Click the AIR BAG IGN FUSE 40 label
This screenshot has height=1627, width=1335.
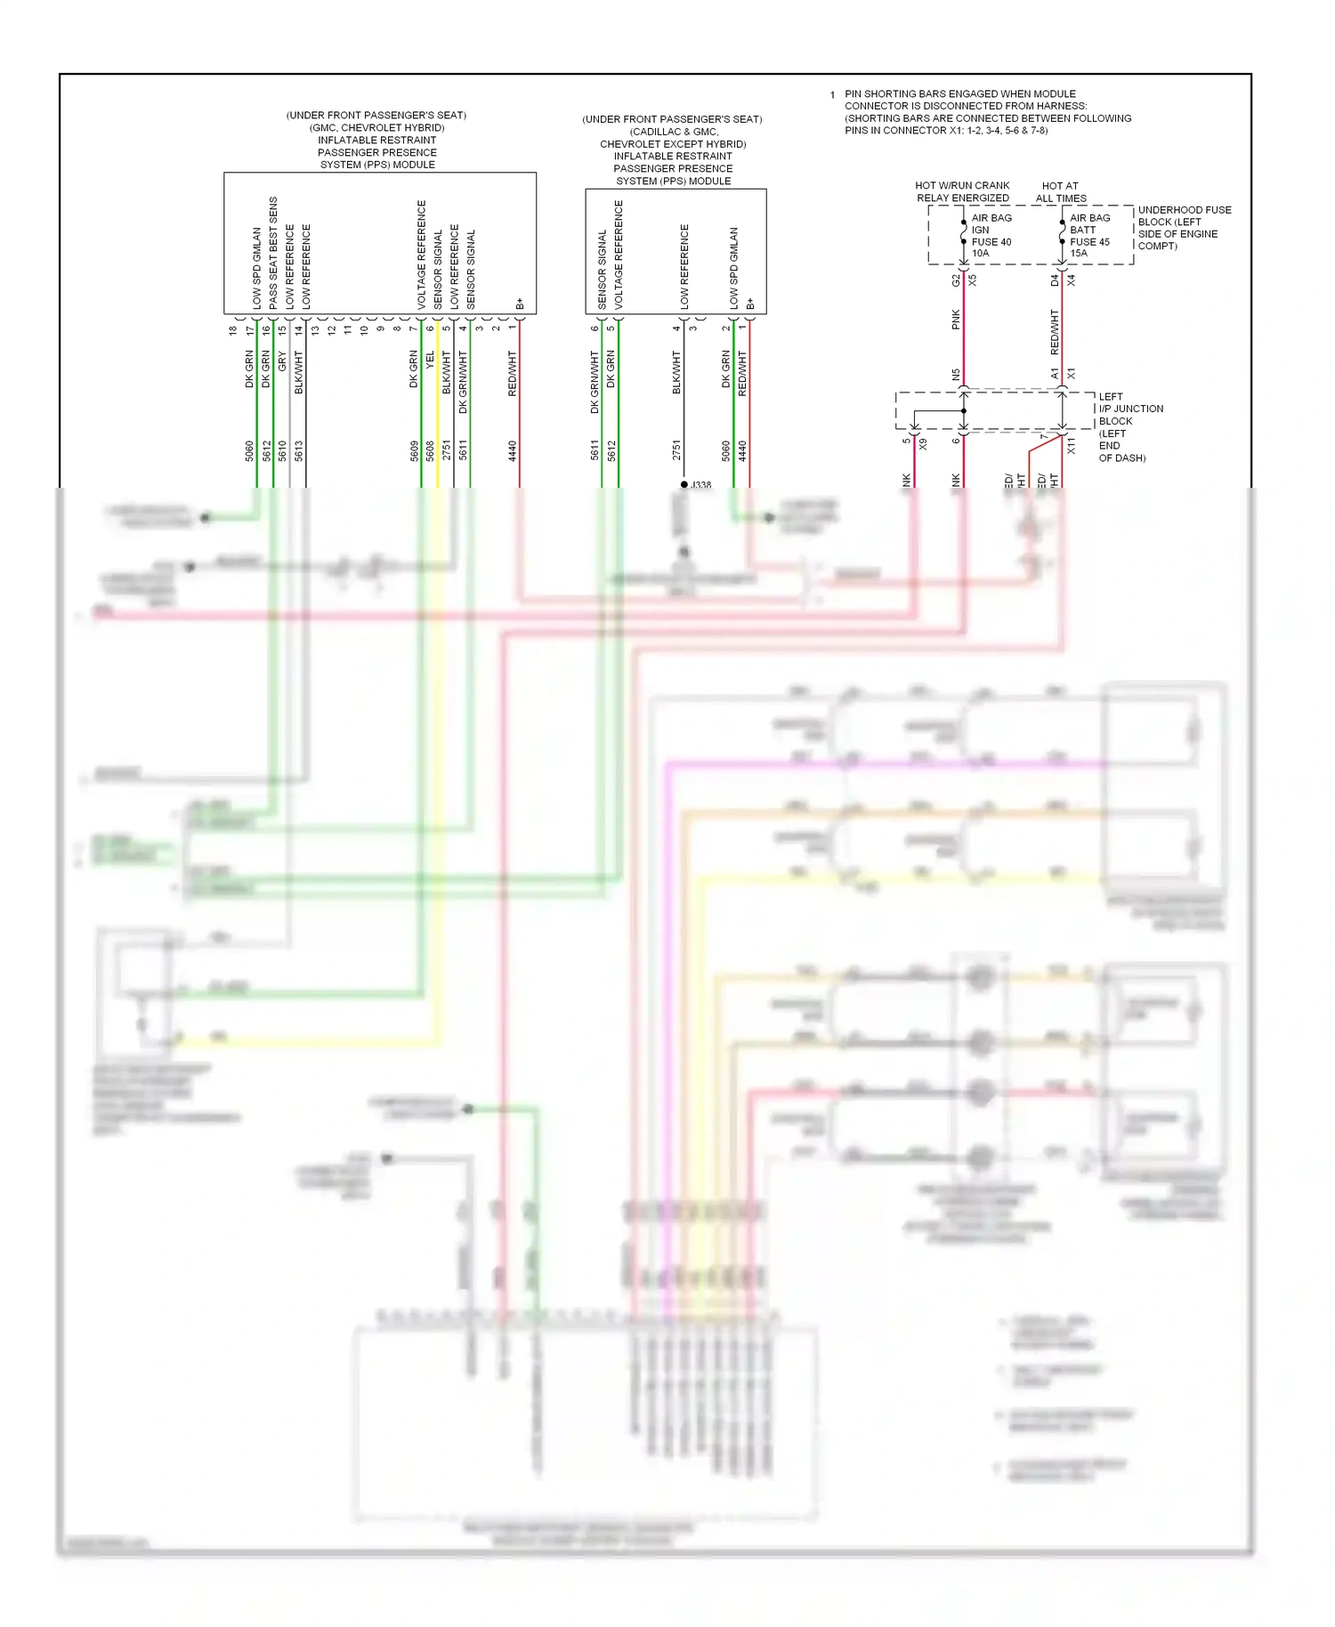coord(991,235)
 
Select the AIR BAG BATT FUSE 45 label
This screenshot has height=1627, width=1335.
coord(1089,235)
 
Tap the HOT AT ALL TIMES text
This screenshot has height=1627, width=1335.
coord(1060,192)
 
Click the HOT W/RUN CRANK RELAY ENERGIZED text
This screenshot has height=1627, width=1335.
coord(962,192)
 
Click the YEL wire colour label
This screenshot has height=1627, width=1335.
coord(430,360)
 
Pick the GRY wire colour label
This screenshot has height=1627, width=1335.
coord(282,360)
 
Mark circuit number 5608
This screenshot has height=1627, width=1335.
coord(430,451)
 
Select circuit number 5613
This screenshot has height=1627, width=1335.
coord(299,451)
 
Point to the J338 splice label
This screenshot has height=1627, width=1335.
coord(700,485)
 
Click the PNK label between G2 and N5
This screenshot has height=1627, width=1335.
coord(956,320)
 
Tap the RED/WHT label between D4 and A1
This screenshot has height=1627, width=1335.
coord(1055,331)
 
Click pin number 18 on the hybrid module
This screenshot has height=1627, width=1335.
coord(232,330)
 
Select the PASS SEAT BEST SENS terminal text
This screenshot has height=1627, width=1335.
coord(273,253)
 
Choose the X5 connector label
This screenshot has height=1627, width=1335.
coord(973,279)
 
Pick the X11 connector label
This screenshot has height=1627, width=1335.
coord(1071,445)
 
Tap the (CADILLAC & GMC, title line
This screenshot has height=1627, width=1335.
coord(674,132)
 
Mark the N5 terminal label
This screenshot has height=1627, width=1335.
coord(956,375)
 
